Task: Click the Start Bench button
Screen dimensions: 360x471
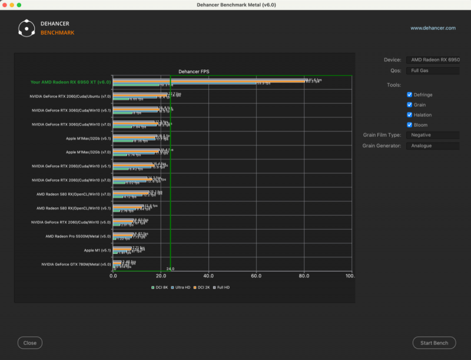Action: pos(434,343)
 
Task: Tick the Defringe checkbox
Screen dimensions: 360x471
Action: pos(410,94)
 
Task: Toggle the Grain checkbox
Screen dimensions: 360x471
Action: pos(410,105)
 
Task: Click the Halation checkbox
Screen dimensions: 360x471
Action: pos(410,115)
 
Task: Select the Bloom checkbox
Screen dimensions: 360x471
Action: pos(410,125)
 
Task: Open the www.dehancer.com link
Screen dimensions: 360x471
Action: pos(433,28)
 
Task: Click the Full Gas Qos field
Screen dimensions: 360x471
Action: pos(433,71)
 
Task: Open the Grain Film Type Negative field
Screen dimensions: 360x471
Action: pos(433,135)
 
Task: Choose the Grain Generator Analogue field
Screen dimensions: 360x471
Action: pos(433,146)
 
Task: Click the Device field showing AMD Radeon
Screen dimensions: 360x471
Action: pos(433,60)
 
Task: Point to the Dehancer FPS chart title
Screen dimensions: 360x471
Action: pos(194,71)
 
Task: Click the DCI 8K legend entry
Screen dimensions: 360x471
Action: pos(160,288)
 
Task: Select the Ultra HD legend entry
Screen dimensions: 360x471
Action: pos(181,288)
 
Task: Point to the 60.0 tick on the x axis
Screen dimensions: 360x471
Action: pos(256,276)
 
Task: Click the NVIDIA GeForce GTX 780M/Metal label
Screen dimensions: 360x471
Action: pos(76,265)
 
